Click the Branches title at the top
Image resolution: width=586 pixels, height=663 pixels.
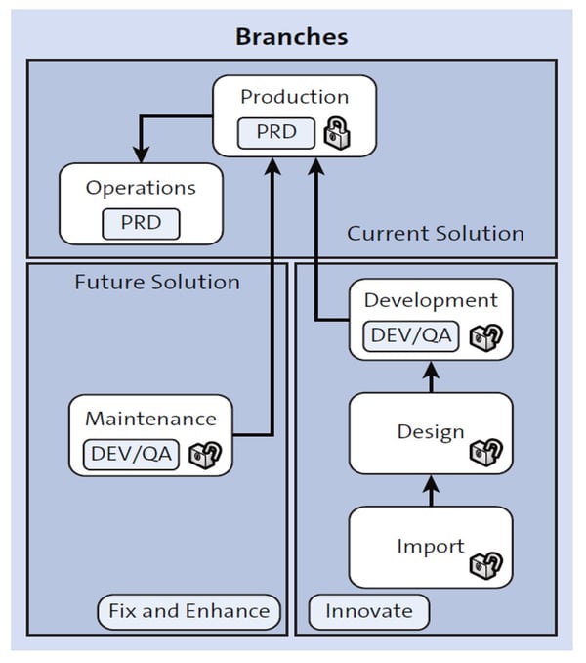pyautogui.click(x=292, y=37)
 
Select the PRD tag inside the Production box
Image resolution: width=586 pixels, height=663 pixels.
pyautogui.click(x=276, y=131)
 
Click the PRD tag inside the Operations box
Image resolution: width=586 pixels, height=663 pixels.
pyautogui.click(x=141, y=222)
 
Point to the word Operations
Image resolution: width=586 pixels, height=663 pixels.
pyautogui.click(x=141, y=188)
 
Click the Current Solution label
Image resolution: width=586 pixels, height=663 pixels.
pyautogui.click(x=436, y=234)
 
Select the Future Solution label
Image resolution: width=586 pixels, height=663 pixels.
pyautogui.click(x=157, y=283)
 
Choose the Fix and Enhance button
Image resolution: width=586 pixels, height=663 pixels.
pyautogui.click(x=189, y=611)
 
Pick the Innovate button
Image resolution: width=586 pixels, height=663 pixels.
pyautogui.click(x=368, y=611)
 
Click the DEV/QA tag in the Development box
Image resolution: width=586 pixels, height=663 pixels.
pyautogui.click(x=410, y=335)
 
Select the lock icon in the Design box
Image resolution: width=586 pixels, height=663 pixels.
pyautogui.click(x=485, y=452)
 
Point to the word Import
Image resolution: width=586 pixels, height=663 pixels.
pyautogui.click(x=430, y=545)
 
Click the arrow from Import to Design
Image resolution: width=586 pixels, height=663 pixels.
pyautogui.click(x=431, y=490)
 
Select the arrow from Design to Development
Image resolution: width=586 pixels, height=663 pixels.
pyautogui.click(x=431, y=376)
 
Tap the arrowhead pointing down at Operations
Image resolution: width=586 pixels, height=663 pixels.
pyautogui.click(x=141, y=154)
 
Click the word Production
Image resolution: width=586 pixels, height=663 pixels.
pyautogui.click(x=294, y=97)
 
